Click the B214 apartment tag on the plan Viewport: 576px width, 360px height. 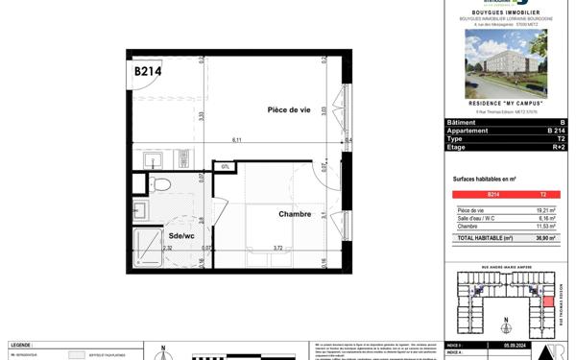[147, 71]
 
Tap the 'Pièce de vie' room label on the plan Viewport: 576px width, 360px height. [289, 111]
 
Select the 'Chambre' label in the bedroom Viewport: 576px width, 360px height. [295, 215]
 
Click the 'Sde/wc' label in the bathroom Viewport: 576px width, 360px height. [182, 234]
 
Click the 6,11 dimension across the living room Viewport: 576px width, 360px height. [235, 140]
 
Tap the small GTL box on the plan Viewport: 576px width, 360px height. [224, 167]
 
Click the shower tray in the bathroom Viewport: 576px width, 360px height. [150, 246]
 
